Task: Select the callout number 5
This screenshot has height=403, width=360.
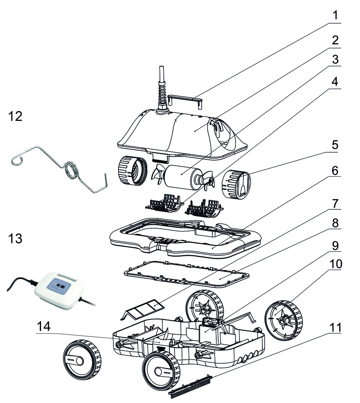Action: point(335,145)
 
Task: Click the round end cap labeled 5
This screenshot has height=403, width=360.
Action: point(236,184)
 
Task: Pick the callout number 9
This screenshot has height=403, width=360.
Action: point(335,246)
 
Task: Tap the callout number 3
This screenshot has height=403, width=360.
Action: point(335,60)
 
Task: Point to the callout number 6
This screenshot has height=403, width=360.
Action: point(335,171)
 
